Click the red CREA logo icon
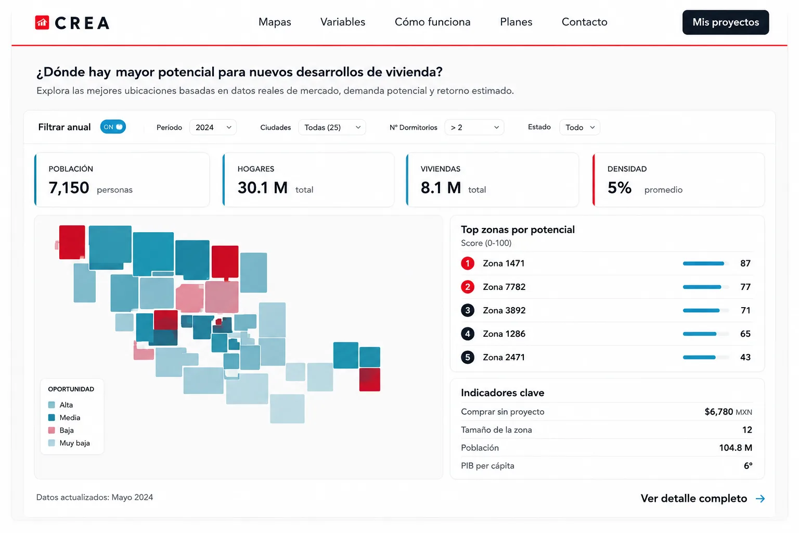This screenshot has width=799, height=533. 42,22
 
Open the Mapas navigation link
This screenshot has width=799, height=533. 275,22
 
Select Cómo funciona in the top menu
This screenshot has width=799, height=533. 432,22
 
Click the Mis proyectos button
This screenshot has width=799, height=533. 726,22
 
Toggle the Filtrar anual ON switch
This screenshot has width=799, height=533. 113,126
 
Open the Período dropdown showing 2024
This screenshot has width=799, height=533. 213,128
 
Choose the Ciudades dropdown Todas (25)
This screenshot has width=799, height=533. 332,128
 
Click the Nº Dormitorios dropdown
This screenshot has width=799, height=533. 474,128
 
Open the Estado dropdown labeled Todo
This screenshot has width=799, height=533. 579,128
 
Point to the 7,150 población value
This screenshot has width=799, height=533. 69,188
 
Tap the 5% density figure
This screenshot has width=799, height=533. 620,188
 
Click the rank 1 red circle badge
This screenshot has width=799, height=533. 467,263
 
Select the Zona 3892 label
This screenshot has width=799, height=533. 504,310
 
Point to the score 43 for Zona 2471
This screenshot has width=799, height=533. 745,358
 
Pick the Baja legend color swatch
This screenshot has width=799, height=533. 51,430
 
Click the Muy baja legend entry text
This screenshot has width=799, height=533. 74,443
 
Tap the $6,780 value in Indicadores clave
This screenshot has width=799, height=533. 718,412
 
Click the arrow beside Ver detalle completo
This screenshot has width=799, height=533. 760,499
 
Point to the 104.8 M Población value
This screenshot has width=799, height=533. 736,448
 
